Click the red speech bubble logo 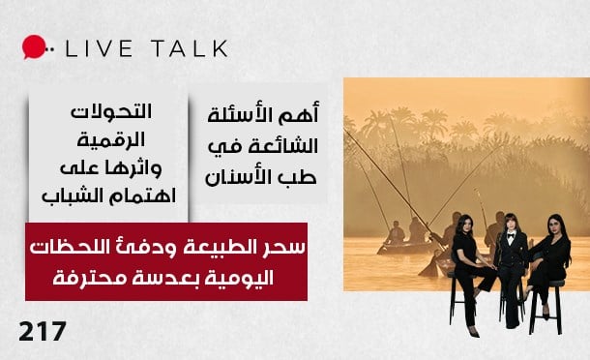pos(34,47)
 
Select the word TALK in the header pos(187,48)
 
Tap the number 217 pos(43,332)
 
